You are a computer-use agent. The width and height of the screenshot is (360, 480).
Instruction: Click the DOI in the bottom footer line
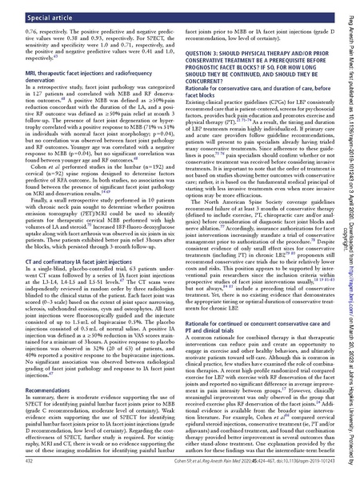(297, 462)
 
